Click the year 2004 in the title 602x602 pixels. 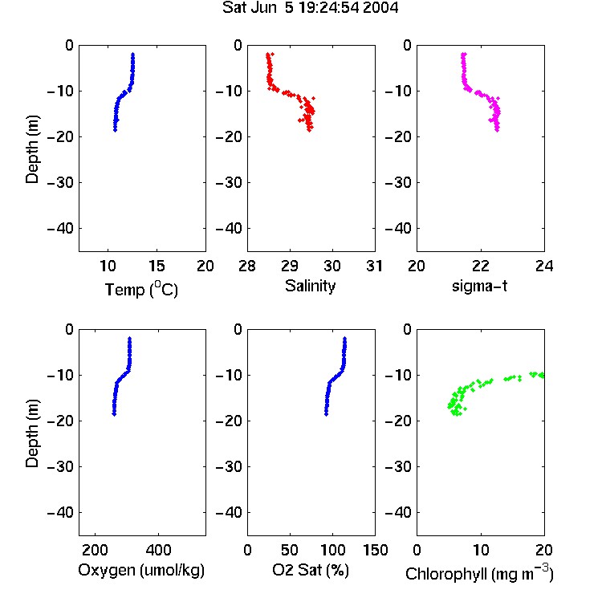point(380,8)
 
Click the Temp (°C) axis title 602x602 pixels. point(141,290)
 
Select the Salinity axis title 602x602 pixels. point(310,287)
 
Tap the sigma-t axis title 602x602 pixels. point(479,286)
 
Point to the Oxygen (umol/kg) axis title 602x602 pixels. point(141,571)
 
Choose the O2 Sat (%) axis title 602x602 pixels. point(310,570)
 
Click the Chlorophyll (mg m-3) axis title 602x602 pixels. point(479,573)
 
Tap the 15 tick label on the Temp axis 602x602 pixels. point(157,266)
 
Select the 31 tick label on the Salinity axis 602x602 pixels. point(374,266)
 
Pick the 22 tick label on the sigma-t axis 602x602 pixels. point(480,266)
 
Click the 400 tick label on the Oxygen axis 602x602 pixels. point(158,550)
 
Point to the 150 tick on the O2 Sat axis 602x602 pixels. point(375,550)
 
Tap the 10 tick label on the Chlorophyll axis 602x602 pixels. point(480,550)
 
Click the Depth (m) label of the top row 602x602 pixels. point(32,149)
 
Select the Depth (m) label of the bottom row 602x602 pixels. point(32,433)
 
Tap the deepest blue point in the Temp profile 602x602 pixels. point(115,130)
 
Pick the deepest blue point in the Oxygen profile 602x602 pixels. point(114,414)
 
